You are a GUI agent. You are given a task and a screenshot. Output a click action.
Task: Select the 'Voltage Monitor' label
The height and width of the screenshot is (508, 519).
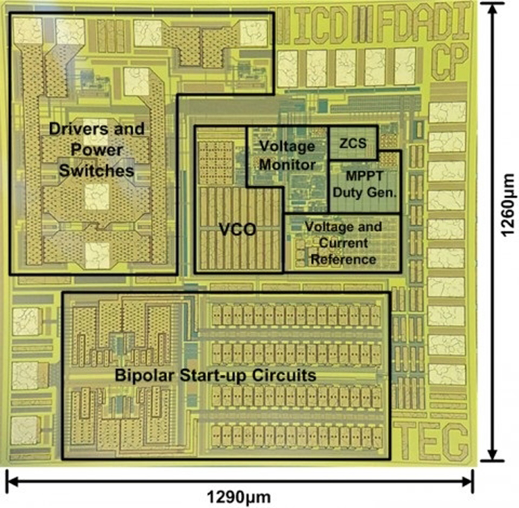(288, 155)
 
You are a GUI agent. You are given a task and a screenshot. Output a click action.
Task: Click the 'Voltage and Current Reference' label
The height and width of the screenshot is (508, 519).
(343, 243)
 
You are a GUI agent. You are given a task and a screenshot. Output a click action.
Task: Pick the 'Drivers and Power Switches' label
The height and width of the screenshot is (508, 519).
(97, 150)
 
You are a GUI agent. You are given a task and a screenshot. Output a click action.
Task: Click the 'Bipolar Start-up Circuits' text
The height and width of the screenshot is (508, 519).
(215, 375)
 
